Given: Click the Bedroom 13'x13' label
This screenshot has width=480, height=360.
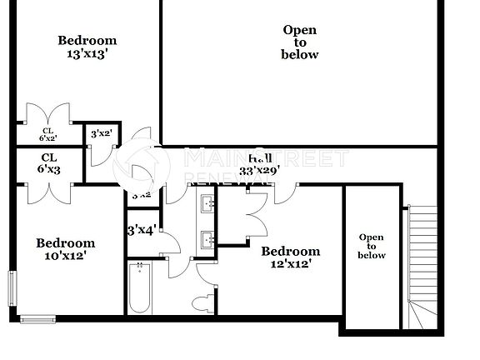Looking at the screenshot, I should (x=87, y=47).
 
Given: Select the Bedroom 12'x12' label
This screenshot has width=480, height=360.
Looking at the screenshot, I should (x=291, y=257).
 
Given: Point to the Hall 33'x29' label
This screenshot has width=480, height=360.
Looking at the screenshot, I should (x=259, y=164).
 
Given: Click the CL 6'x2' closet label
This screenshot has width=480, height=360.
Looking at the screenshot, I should (x=48, y=134).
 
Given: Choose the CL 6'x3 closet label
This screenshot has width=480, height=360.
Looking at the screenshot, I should (x=48, y=162).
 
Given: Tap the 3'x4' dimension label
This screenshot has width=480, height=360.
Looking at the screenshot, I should (x=142, y=229).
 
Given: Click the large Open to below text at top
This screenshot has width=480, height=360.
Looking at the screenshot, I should (x=300, y=42).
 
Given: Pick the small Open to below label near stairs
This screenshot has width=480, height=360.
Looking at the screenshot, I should (x=372, y=246).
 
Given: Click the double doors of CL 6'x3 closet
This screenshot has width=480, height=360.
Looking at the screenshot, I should (x=48, y=190).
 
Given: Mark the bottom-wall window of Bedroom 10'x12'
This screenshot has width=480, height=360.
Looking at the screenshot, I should (x=37, y=318).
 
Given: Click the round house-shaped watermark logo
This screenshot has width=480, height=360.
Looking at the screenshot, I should (x=141, y=164).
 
